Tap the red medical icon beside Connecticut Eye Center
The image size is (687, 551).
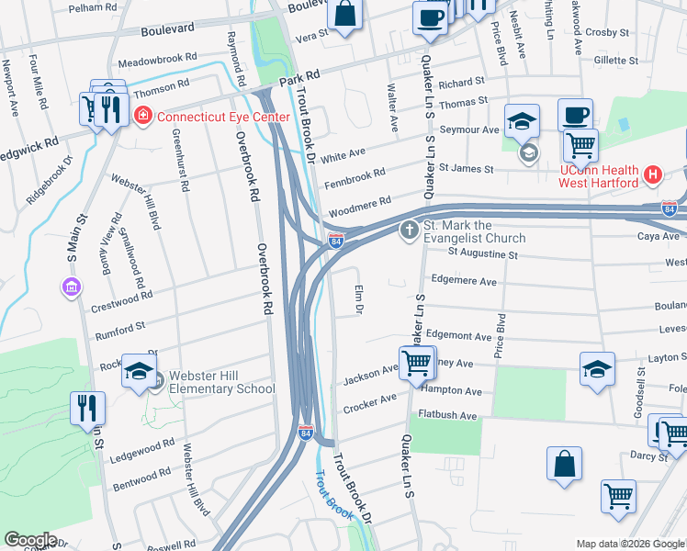tap(142, 116)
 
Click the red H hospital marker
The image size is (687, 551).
tap(653, 174)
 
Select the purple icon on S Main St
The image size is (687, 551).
tap(71, 288)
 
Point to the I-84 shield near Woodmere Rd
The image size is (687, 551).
tap(336, 241)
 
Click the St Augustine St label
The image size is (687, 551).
tap(483, 253)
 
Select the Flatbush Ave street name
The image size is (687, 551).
tap(447, 415)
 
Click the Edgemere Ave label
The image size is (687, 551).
tap(463, 282)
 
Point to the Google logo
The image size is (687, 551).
tap(30, 540)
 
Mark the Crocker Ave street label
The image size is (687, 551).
tap(369, 403)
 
